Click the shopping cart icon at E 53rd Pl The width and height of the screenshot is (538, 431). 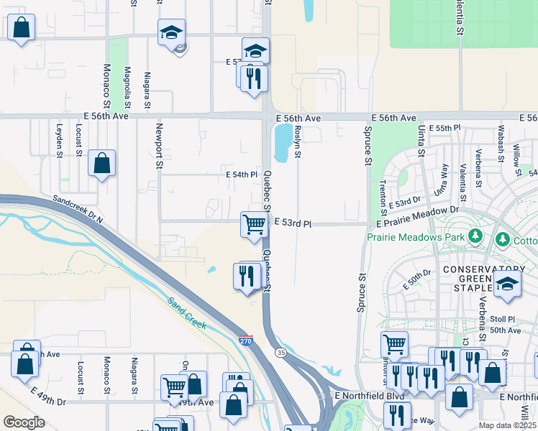coord(254,224)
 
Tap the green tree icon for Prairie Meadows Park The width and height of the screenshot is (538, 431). coord(475,236)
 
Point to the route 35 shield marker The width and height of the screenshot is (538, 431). coord(280,352)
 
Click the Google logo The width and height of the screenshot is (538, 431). coord(24,422)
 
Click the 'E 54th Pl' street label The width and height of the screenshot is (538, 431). coord(242,175)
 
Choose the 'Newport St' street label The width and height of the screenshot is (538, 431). coord(159,146)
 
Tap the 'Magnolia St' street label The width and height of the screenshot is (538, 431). coord(127,88)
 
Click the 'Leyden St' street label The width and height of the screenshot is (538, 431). coord(59,139)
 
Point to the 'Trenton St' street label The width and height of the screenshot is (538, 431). coord(383,190)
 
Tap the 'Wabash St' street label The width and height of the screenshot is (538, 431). coord(499,142)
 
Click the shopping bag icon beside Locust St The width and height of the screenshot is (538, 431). coord(102,163)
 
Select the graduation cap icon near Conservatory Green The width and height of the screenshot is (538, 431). coord(507,283)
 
